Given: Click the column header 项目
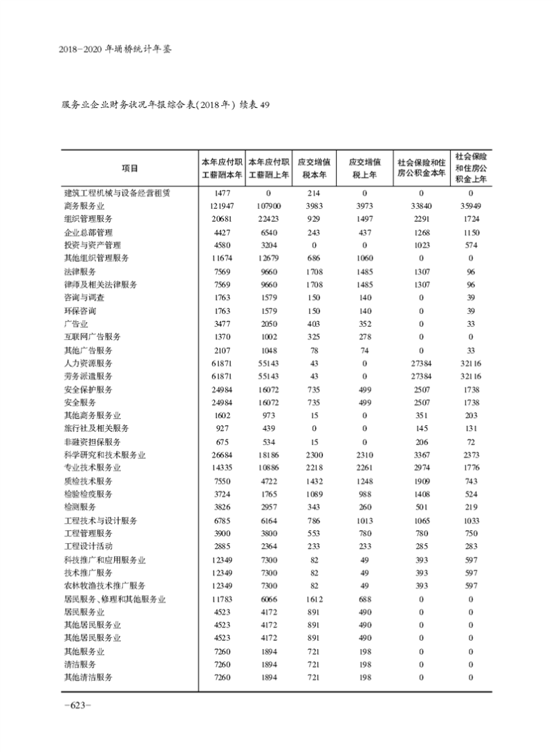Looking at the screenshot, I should [129, 169].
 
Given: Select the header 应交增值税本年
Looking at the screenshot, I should [315, 169].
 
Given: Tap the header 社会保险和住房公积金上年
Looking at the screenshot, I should [471, 168].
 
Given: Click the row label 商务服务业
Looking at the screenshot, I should [84, 206].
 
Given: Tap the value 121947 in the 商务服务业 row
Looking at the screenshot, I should [221, 206].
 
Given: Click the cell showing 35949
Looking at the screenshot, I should [471, 206].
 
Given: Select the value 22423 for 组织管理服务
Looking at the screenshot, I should [268, 219].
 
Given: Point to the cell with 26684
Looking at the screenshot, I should [221, 455].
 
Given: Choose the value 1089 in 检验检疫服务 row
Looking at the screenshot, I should [315, 494].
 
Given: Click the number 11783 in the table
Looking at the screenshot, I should [221, 599].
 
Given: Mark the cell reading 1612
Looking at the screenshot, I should [315, 599].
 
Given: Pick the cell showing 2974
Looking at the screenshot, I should [421, 468].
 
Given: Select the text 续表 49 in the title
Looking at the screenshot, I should [254, 105].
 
